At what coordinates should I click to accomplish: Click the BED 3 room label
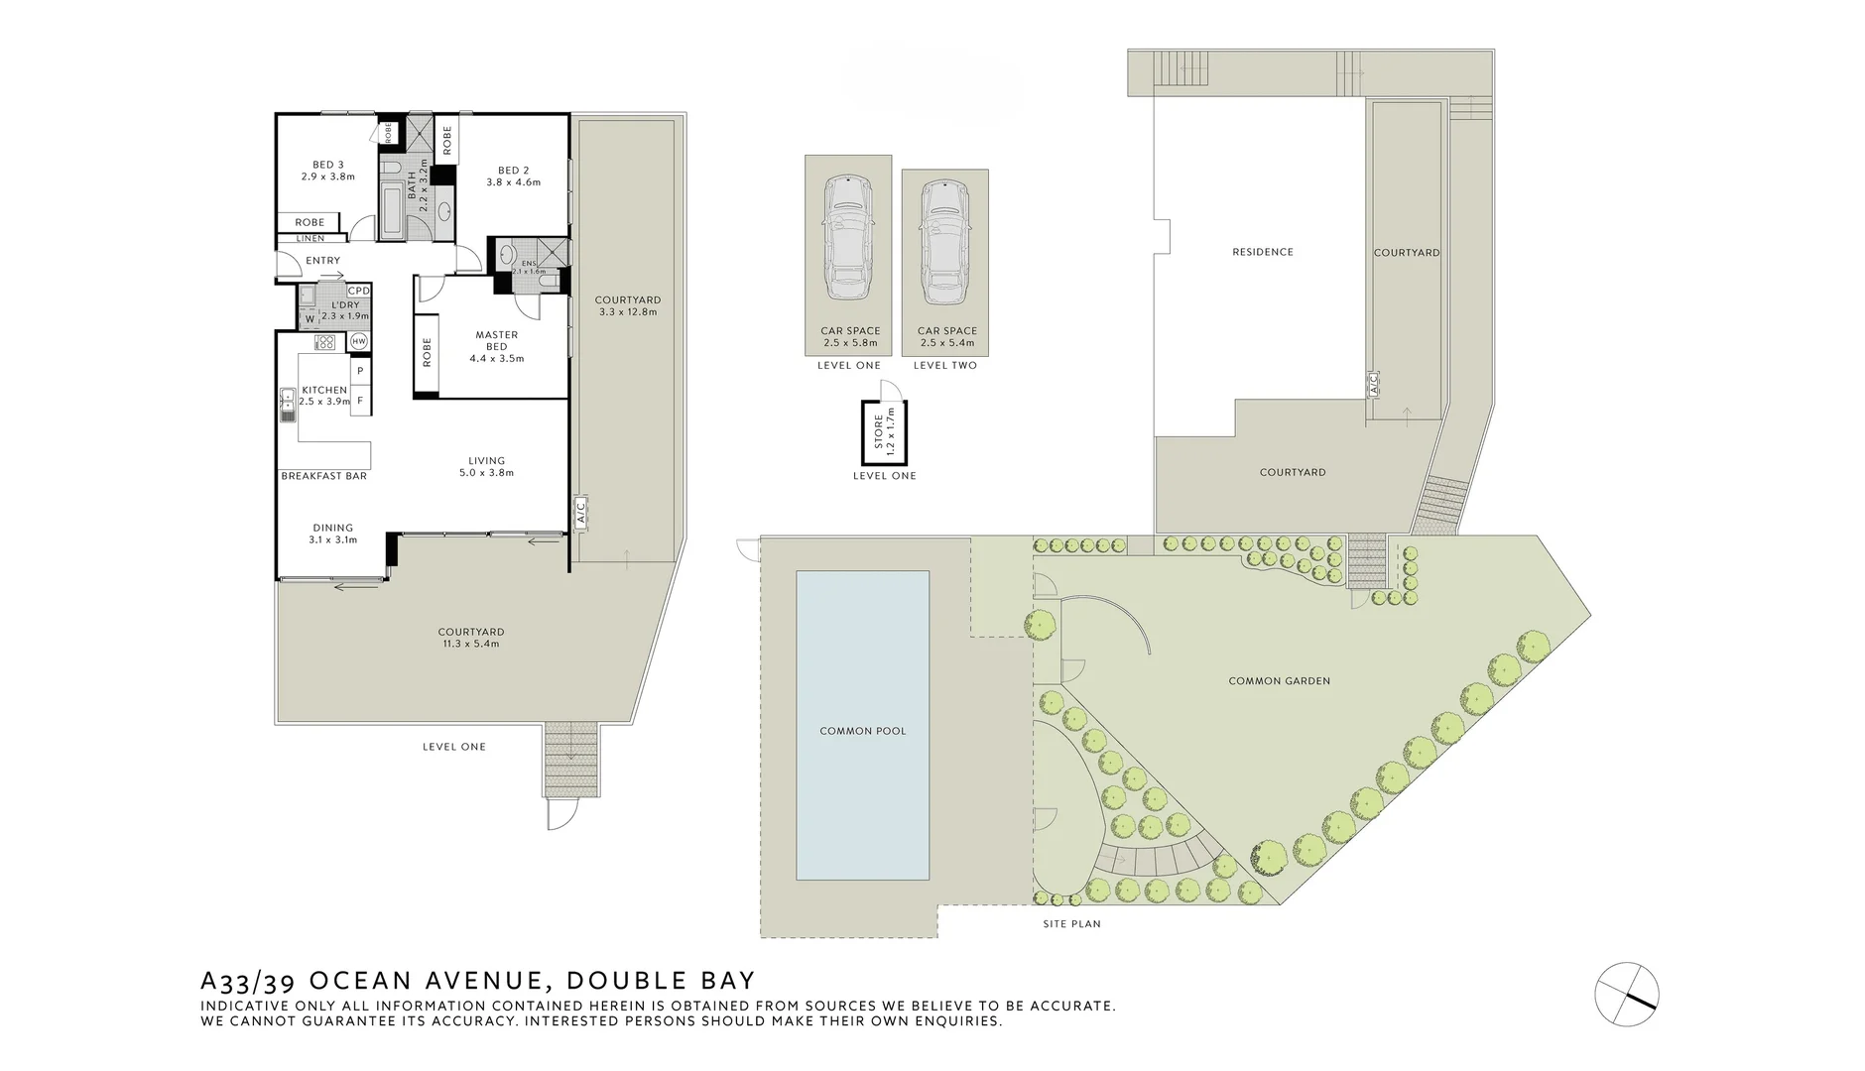[328, 165]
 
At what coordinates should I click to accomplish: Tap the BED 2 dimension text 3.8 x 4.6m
[513, 182]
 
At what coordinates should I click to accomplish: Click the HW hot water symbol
[359, 341]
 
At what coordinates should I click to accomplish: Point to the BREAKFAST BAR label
[323, 476]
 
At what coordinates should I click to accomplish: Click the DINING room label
[333, 529]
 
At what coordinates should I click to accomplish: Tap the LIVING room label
[487, 460]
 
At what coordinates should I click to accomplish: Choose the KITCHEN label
[324, 390]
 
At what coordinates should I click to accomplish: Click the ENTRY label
[322, 261]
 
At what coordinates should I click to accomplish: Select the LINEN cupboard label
[310, 239]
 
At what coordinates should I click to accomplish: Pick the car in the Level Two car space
[944, 242]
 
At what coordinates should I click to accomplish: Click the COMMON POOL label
[862, 731]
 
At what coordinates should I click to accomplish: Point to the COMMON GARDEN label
[1279, 681]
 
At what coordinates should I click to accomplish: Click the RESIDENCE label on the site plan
[1263, 252]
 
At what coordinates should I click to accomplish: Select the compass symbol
[1626, 993]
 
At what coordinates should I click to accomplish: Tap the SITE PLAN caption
[1071, 924]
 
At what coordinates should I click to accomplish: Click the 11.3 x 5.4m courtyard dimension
[471, 644]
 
